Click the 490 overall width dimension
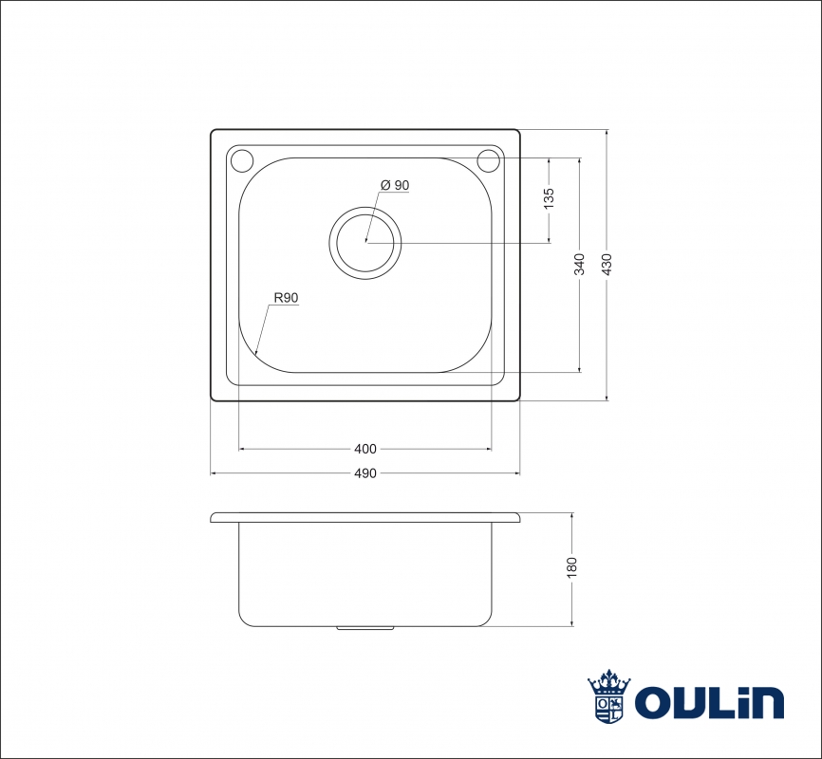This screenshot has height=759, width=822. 365,473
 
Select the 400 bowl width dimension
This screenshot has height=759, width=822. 365,449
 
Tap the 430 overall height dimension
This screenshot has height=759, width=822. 607,265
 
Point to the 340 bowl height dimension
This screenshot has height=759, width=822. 579,265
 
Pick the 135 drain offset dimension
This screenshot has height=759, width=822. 549,198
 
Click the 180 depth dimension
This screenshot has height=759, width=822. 571,567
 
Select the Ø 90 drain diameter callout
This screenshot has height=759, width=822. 395,185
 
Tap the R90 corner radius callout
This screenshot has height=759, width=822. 286,298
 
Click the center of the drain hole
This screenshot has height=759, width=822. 365,243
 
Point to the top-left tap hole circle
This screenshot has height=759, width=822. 242,160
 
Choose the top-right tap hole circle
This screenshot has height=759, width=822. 489,160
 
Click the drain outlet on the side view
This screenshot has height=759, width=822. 365,627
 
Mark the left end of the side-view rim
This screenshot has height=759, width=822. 211,518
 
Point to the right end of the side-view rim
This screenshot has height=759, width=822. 520,518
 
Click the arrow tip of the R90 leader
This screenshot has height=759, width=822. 255,355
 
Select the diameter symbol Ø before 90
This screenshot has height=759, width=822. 385,185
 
